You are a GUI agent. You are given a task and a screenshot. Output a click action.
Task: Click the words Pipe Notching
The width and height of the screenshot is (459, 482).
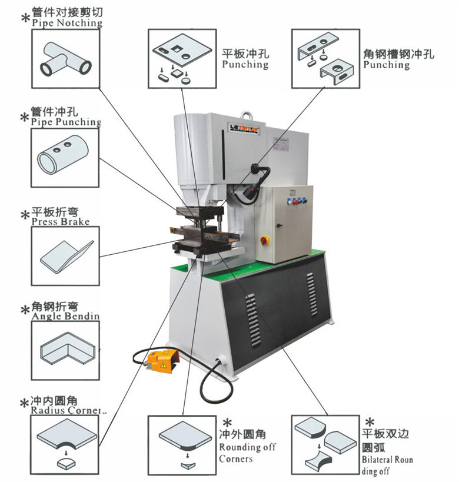click(66, 23)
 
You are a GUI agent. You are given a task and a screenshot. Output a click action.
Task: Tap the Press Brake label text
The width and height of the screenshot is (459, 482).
click(61, 222)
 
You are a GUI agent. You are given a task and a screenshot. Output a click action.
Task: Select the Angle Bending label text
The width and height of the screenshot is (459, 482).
click(65, 316)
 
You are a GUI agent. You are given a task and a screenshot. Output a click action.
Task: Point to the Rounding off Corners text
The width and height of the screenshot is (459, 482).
click(247, 453)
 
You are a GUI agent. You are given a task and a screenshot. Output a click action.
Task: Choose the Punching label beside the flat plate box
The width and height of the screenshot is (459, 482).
click(245, 64)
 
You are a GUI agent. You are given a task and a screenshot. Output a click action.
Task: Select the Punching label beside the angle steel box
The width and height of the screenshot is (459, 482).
click(387, 64)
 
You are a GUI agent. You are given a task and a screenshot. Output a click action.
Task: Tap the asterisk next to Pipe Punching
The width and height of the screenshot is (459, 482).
click(24, 117)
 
